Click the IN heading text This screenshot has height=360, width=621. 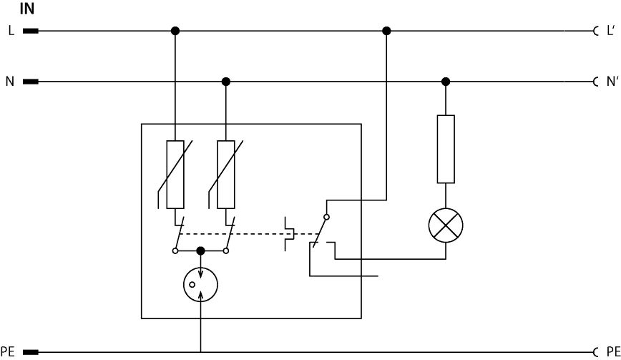27,9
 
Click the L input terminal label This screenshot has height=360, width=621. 11,31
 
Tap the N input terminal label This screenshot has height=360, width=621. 10,82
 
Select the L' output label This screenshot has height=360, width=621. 610,31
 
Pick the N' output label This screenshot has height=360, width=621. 610,82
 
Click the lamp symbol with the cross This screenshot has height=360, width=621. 446,227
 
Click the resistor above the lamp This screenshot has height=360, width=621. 446,149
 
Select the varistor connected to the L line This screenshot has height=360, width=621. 175,174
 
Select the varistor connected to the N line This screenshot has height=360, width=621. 226,174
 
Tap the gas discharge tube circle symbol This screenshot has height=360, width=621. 200,284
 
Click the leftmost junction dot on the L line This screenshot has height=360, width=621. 175,31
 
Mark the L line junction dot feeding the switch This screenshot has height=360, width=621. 387,31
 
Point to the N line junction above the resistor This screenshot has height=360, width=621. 446,82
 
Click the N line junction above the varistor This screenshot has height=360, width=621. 226,82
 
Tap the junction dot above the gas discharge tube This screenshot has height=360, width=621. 200,250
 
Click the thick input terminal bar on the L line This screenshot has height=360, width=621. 31,31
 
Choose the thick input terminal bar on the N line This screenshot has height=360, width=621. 31,82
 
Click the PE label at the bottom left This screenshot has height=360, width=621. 8,352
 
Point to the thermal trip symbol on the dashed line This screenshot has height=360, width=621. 290,234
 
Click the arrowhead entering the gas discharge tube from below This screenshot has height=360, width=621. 200,296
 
